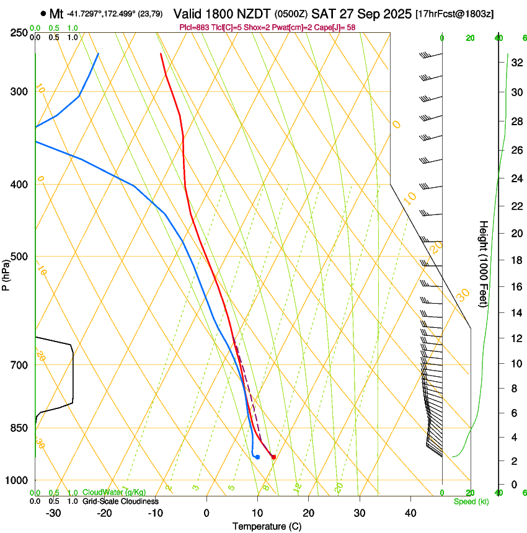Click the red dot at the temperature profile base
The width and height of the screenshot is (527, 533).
[273, 457]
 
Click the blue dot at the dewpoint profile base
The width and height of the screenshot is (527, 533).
[257, 457]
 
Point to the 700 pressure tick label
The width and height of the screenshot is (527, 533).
[20, 365]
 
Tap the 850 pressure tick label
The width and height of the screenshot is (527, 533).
[20, 428]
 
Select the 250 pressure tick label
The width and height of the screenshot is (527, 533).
[20, 33]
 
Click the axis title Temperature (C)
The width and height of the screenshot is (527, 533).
[267, 526]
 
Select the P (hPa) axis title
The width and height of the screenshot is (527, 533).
[6, 273]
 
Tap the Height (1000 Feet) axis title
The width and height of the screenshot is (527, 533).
[484, 264]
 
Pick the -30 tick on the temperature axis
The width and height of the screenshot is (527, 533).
[53, 513]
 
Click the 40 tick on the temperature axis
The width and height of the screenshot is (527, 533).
[410, 513]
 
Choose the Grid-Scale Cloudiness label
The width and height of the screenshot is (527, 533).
[120, 501]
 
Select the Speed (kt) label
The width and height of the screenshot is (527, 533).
[471, 501]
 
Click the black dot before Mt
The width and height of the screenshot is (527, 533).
[43, 13]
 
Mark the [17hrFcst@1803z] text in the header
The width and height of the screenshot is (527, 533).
[454, 14]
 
